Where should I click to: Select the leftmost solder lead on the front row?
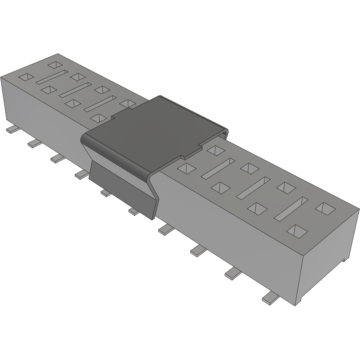point(11,130)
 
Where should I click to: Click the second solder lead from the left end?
point(34,144)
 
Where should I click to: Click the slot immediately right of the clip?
point(218,168)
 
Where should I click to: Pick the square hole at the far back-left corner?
point(55,65)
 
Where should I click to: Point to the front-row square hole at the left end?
point(26,77)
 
